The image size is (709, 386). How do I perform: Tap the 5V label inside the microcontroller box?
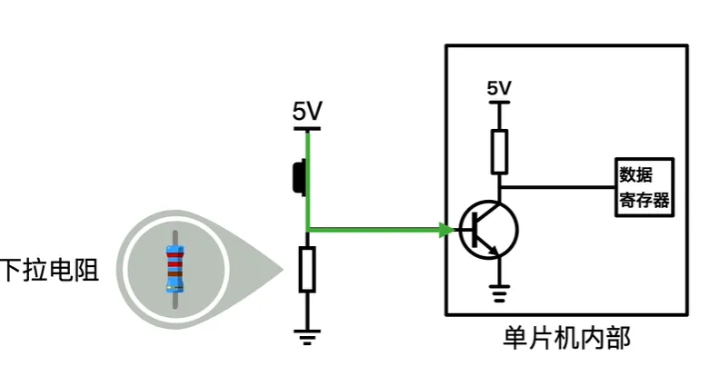(499, 88)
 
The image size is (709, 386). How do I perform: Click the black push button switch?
(297, 177)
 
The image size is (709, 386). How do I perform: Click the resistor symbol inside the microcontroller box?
(499, 150)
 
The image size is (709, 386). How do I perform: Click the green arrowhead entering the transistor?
(445, 229)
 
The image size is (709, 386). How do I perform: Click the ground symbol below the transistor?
(499, 292)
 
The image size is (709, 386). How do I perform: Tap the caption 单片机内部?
(566, 338)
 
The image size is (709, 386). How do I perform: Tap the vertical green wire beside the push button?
(308, 177)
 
